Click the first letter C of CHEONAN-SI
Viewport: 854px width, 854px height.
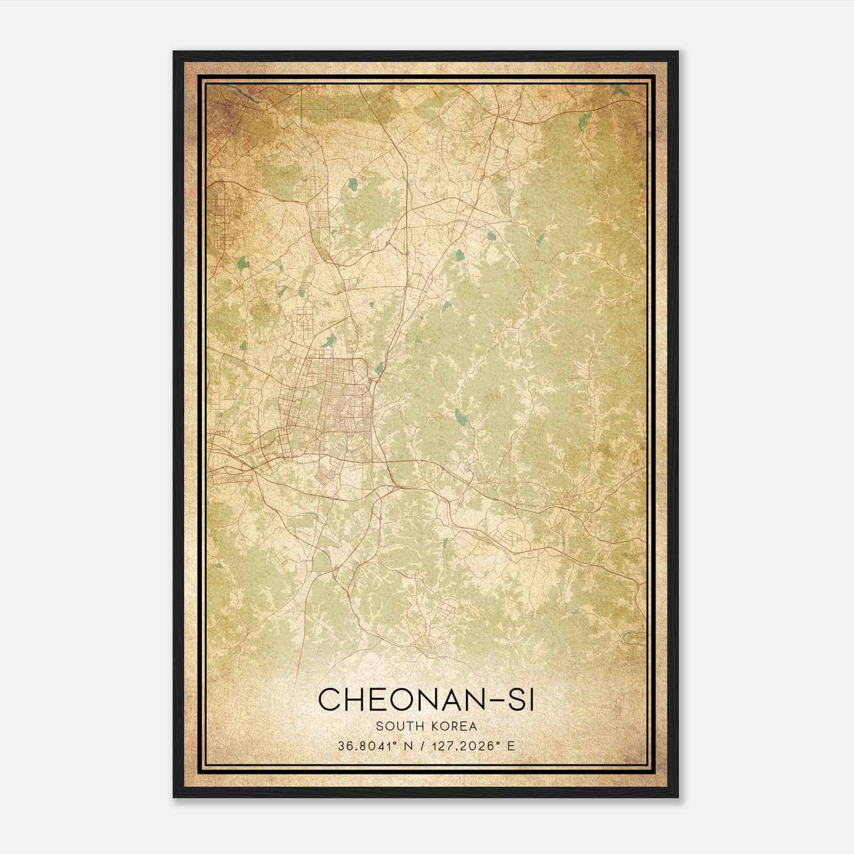pos(330,699)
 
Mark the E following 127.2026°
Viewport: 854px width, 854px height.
pos(511,746)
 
